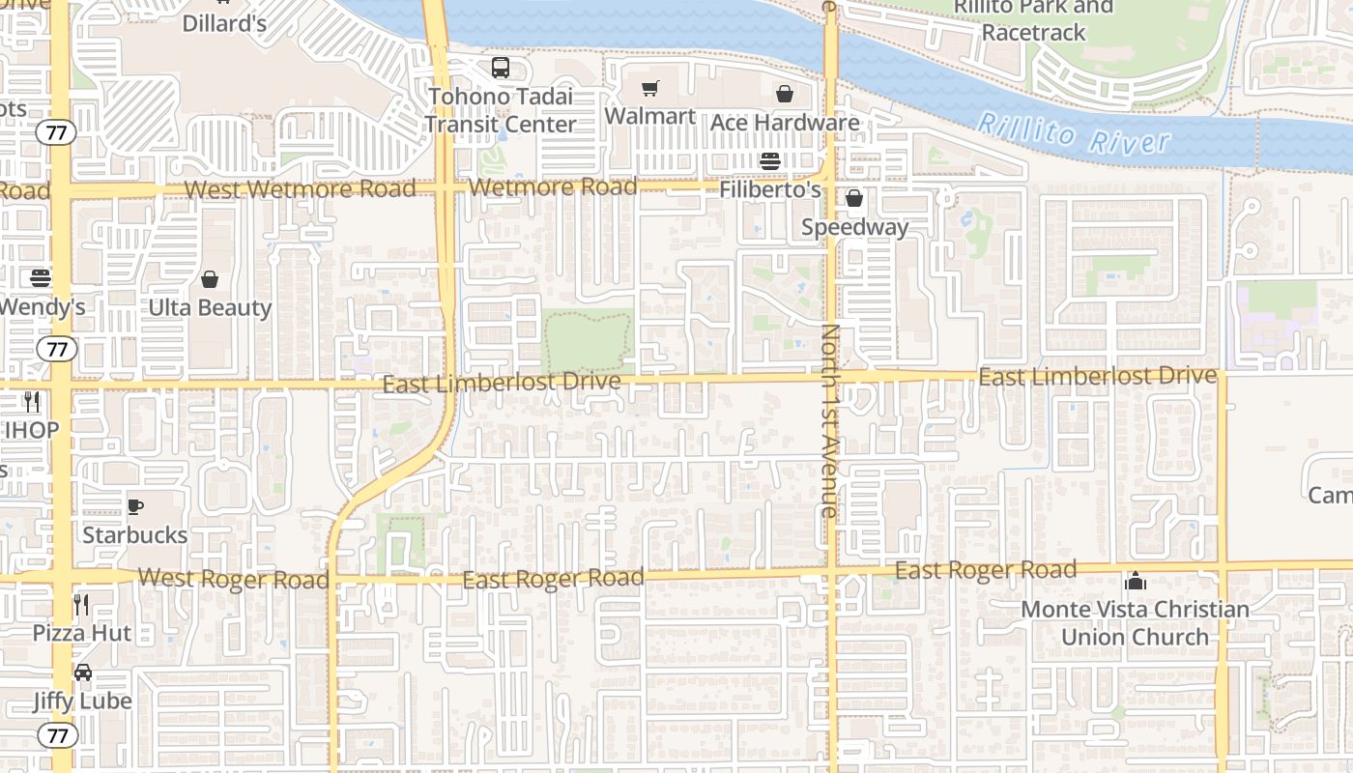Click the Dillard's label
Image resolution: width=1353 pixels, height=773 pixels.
pyautogui.click(x=224, y=23)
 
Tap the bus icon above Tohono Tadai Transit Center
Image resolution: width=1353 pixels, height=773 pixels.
pyautogui.click(x=500, y=68)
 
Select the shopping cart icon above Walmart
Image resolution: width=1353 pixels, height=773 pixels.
pyautogui.click(x=650, y=89)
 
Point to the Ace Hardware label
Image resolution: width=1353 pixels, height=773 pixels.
pyautogui.click(x=785, y=123)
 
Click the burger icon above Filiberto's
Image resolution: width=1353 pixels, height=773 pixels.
pyautogui.click(x=770, y=160)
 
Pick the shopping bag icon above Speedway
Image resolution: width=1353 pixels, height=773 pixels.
pyautogui.click(x=854, y=199)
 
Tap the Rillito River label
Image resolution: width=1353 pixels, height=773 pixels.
pyautogui.click(x=1073, y=134)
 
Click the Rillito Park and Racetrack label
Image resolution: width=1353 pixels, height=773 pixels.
pyautogui.click(x=1034, y=19)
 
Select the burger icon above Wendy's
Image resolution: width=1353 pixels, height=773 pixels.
pyautogui.click(x=41, y=278)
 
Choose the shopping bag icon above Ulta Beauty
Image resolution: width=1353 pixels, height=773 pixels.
pyautogui.click(x=210, y=280)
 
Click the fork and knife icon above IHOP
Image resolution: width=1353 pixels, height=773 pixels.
pyautogui.click(x=33, y=401)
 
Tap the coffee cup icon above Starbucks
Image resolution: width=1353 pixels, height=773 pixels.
pyautogui.click(x=135, y=506)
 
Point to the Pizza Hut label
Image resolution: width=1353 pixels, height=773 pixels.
pyautogui.click(x=82, y=633)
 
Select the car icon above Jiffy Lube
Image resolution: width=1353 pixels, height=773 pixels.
pyautogui.click(x=83, y=673)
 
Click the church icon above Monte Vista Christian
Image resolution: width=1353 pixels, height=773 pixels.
pyautogui.click(x=1136, y=582)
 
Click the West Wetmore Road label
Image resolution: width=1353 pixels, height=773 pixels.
pyautogui.click(x=300, y=188)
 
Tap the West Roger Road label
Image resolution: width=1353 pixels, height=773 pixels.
pyautogui.click(x=233, y=579)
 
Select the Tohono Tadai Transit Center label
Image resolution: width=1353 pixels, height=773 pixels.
pyautogui.click(x=501, y=110)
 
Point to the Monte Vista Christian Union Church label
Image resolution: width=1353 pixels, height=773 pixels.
pyautogui.click(x=1136, y=623)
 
